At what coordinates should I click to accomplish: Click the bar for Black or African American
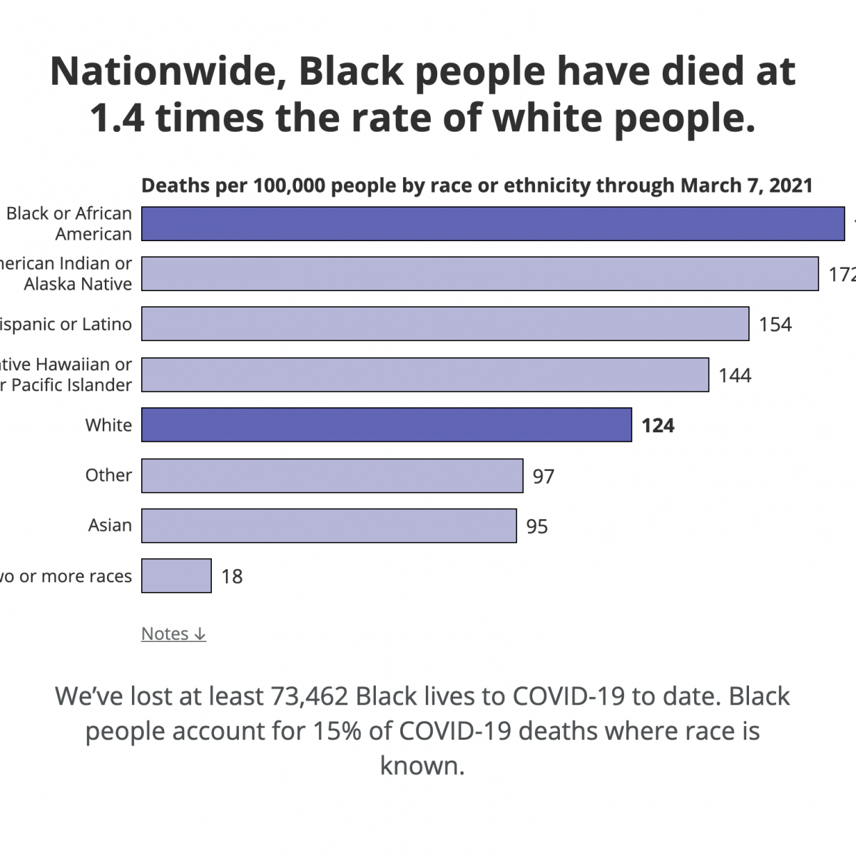coord(492,224)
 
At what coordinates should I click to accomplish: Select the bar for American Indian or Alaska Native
coord(479,274)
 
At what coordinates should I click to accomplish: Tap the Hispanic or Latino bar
coord(445,324)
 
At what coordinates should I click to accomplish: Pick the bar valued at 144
coord(425,375)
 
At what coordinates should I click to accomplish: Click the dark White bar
coord(386,425)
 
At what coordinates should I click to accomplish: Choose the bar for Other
coord(332,476)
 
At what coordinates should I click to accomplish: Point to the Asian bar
coord(329,526)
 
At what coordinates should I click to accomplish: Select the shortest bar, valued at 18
coord(176,576)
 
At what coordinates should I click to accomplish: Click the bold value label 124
coord(658,426)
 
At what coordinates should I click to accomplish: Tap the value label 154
coord(775,325)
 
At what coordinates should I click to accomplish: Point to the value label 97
coord(544,477)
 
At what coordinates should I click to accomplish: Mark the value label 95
coord(537,526)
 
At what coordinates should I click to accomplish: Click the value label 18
coord(232,576)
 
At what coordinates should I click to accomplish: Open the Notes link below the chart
coord(173,633)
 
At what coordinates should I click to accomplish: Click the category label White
coord(108,425)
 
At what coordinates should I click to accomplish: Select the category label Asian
coord(110,526)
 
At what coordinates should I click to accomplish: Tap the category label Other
coord(108,475)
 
